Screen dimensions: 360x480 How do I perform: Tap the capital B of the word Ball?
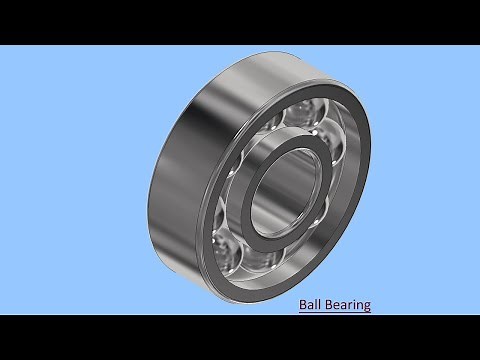pyautogui.click(x=303, y=304)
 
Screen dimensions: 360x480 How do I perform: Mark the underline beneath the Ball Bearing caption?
pyautogui.click(x=335, y=312)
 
